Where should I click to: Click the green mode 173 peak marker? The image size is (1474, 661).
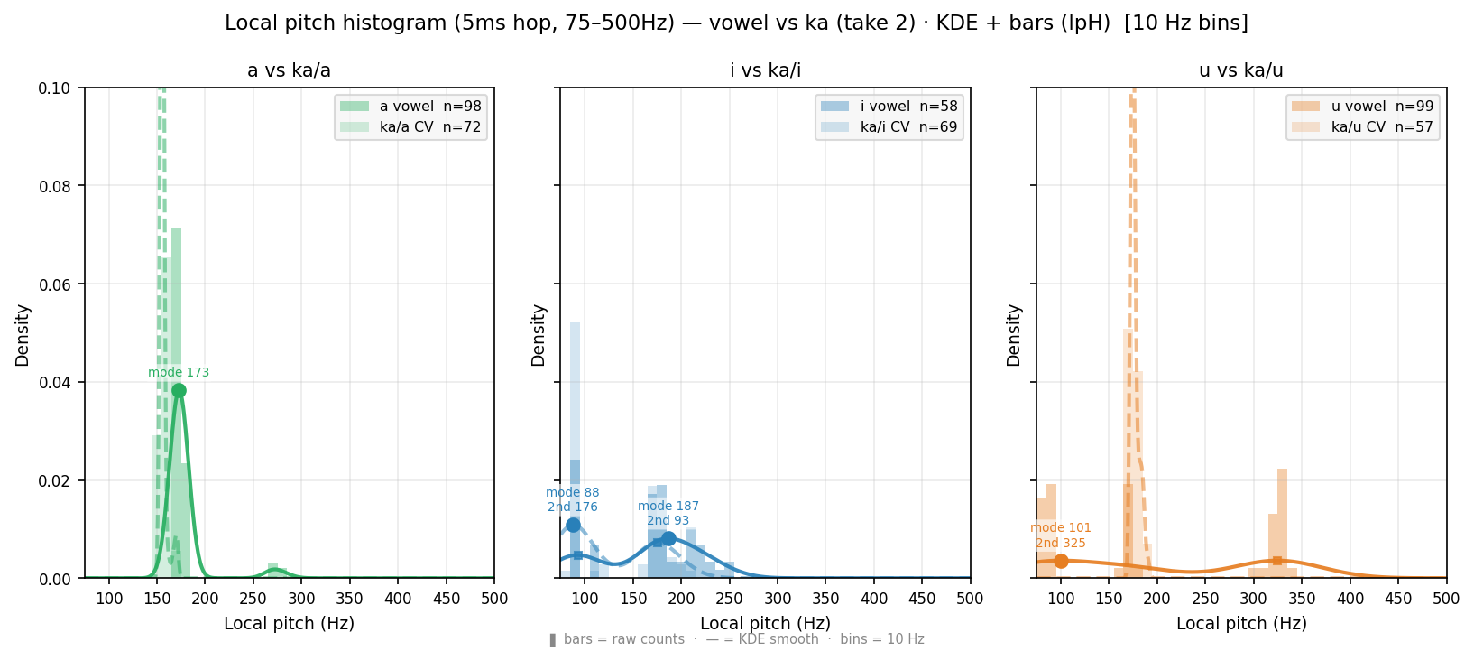click(179, 391)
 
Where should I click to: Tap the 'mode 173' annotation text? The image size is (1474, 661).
click(179, 372)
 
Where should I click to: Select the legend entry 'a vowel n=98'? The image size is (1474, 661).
click(410, 106)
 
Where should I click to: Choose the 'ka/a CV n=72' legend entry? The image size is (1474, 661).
click(410, 126)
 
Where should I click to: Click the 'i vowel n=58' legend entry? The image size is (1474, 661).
click(889, 106)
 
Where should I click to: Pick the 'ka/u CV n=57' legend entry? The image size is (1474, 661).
click(1362, 126)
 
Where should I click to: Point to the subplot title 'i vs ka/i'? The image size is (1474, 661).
click(765, 70)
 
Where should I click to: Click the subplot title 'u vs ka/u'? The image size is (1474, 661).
click(1241, 70)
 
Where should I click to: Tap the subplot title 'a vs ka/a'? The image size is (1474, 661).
click(289, 70)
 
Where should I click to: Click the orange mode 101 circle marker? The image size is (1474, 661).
click(1061, 561)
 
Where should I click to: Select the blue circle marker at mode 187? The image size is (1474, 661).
click(668, 538)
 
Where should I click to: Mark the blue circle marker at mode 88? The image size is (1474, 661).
click(573, 526)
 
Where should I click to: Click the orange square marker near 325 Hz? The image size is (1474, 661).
click(1277, 561)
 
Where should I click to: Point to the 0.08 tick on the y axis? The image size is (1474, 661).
click(57, 186)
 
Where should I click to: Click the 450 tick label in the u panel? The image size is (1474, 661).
click(1398, 599)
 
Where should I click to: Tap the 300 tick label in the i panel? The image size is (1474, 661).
click(778, 599)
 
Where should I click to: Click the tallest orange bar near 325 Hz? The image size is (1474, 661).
click(1282, 523)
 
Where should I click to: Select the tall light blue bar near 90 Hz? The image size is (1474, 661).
click(575, 450)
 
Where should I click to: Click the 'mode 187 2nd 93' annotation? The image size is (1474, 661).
click(668, 514)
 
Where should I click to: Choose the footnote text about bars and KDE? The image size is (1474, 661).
click(737, 639)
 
